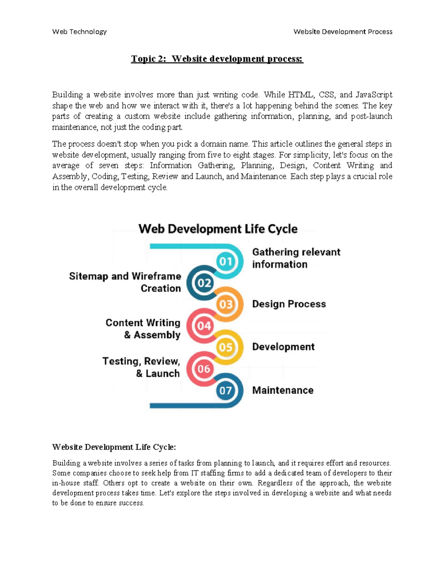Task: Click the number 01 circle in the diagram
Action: coord(225,261)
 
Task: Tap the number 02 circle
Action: coord(204,283)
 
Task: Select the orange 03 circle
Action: coord(225,305)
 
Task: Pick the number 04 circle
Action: coord(204,326)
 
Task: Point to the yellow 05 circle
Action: coord(225,348)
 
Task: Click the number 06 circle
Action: coord(204,369)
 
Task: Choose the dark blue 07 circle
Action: coord(225,391)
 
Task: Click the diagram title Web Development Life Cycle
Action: coord(218,229)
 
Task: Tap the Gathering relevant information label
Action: coord(296,258)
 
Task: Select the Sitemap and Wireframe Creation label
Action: coord(125,282)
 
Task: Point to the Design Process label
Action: coord(289,304)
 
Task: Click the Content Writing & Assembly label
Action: coord(143,329)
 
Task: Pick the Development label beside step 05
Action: coord(283,347)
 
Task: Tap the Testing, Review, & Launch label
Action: coord(141,367)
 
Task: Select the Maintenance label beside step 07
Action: coord(283,390)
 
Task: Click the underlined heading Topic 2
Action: coord(217,59)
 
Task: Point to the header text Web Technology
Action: coord(79,32)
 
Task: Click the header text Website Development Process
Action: coord(343,32)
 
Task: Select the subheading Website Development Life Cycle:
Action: coord(114,447)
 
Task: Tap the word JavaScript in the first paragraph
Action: coord(373,95)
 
